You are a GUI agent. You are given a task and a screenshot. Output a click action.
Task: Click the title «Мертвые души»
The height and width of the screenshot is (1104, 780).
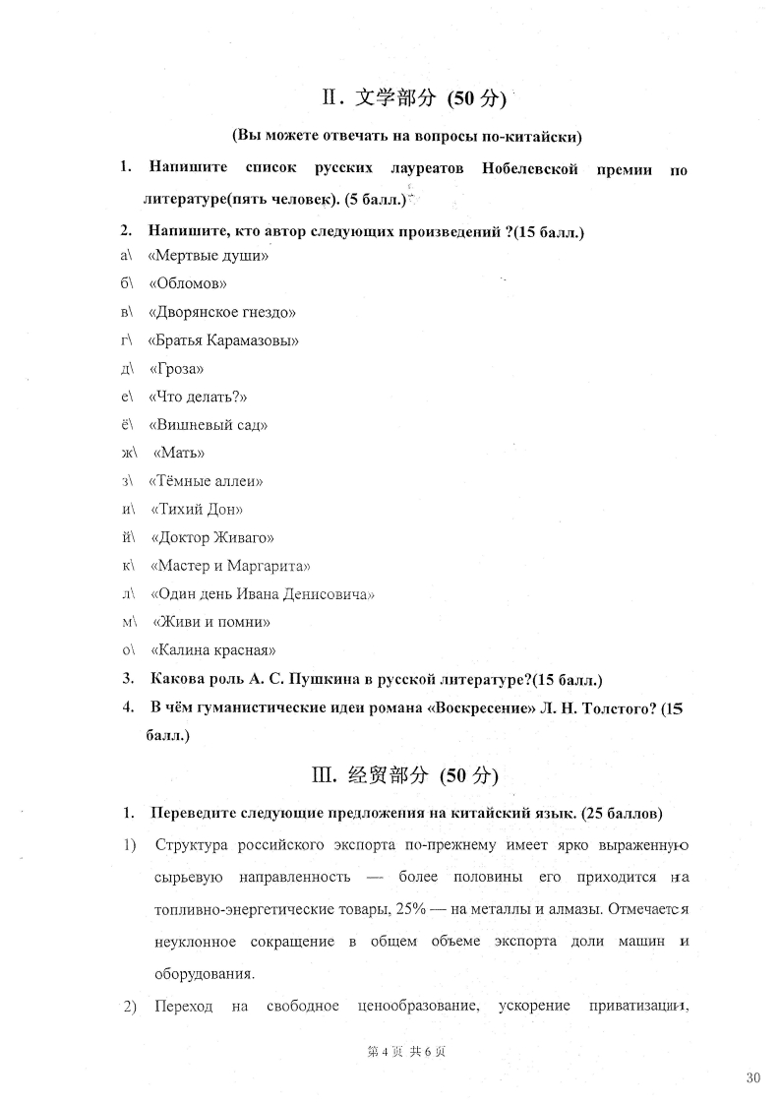pyautogui.click(x=208, y=256)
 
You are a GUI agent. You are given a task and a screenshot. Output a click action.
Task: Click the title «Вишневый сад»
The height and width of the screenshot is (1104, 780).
pyautogui.click(x=207, y=425)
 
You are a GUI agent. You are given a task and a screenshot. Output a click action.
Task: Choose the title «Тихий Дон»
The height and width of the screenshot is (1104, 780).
pyautogui.click(x=197, y=510)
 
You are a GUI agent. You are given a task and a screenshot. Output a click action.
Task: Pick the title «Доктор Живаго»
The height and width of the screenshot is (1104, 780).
pyautogui.click(x=211, y=538)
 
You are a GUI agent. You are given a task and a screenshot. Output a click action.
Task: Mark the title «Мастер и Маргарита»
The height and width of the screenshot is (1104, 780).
pyautogui.click(x=230, y=566)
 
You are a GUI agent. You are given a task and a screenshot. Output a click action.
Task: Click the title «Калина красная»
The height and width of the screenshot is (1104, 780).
pyautogui.click(x=212, y=650)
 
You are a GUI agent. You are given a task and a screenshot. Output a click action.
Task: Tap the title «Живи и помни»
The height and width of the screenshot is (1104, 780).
pyautogui.click(x=211, y=623)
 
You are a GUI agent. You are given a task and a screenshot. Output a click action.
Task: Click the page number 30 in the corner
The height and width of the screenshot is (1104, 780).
pyautogui.click(x=753, y=1078)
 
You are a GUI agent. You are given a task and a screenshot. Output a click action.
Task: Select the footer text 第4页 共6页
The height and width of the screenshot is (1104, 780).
pyautogui.click(x=406, y=1051)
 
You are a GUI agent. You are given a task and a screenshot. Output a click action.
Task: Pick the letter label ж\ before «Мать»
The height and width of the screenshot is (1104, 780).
pyautogui.click(x=125, y=454)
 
